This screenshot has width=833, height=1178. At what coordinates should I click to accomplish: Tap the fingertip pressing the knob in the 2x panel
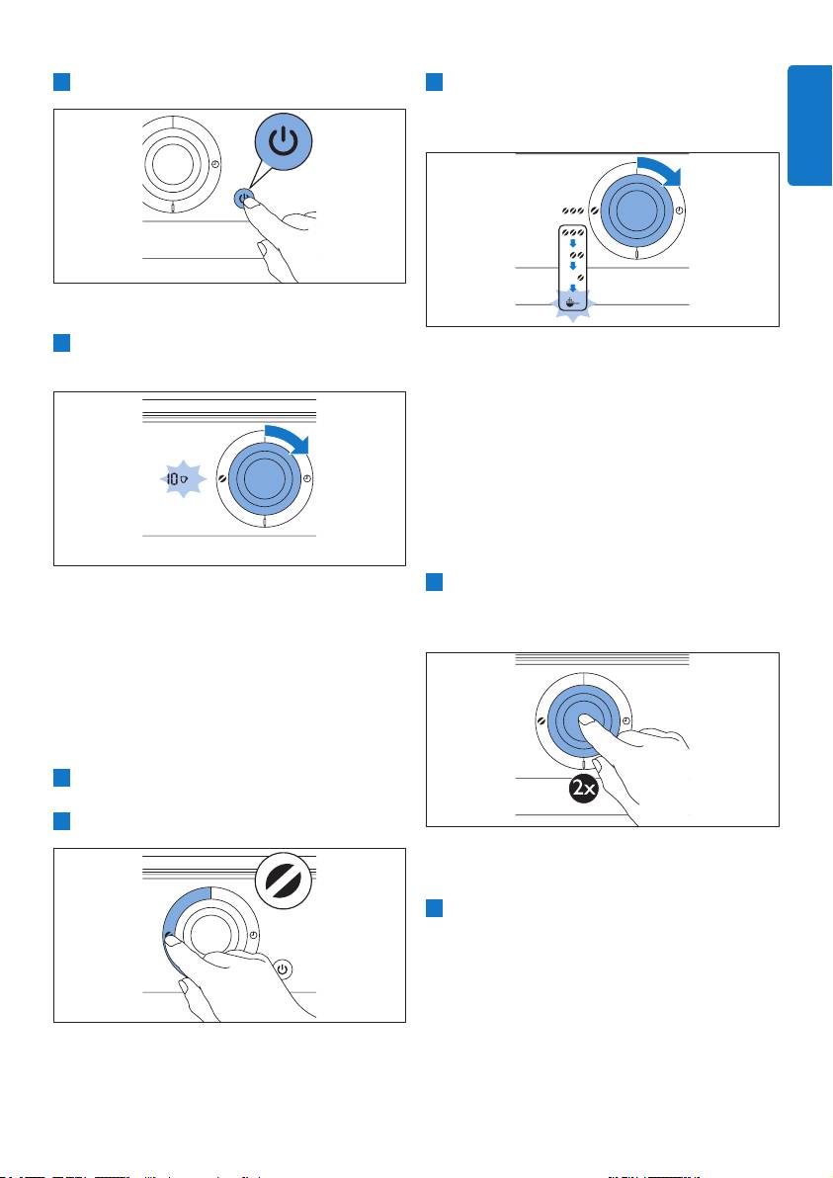(589, 719)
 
